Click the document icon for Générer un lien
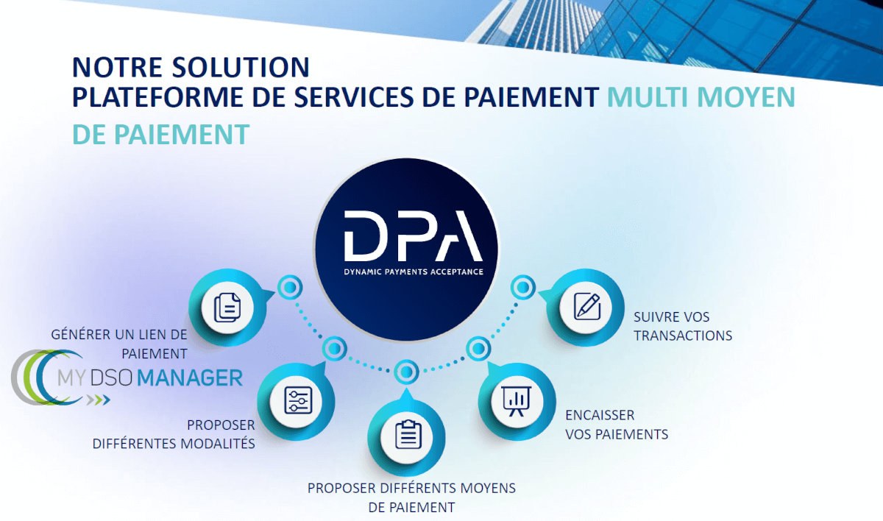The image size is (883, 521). point(225,306)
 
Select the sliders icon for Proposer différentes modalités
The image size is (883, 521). point(299,401)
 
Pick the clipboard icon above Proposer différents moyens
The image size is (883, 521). point(408,435)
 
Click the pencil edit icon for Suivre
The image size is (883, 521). point(586,305)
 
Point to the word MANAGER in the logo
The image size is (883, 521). point(190,378)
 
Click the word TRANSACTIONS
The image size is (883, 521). point(683,336)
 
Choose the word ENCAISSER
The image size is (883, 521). point(600,415)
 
